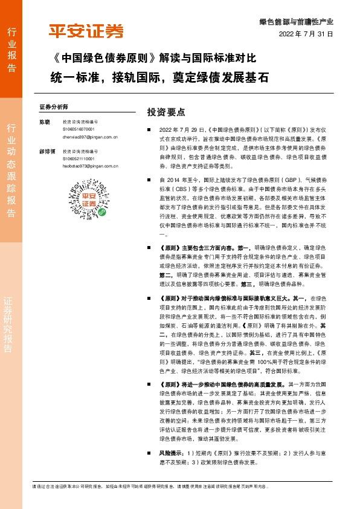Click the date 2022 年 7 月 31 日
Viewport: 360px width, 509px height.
(306, 34)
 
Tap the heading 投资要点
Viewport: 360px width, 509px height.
(166, 112)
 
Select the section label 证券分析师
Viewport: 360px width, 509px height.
(54, 106)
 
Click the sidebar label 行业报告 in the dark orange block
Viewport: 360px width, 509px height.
(11, 50)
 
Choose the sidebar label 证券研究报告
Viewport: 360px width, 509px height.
(11, 320)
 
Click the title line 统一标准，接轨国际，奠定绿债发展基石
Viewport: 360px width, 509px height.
(158, 78)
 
